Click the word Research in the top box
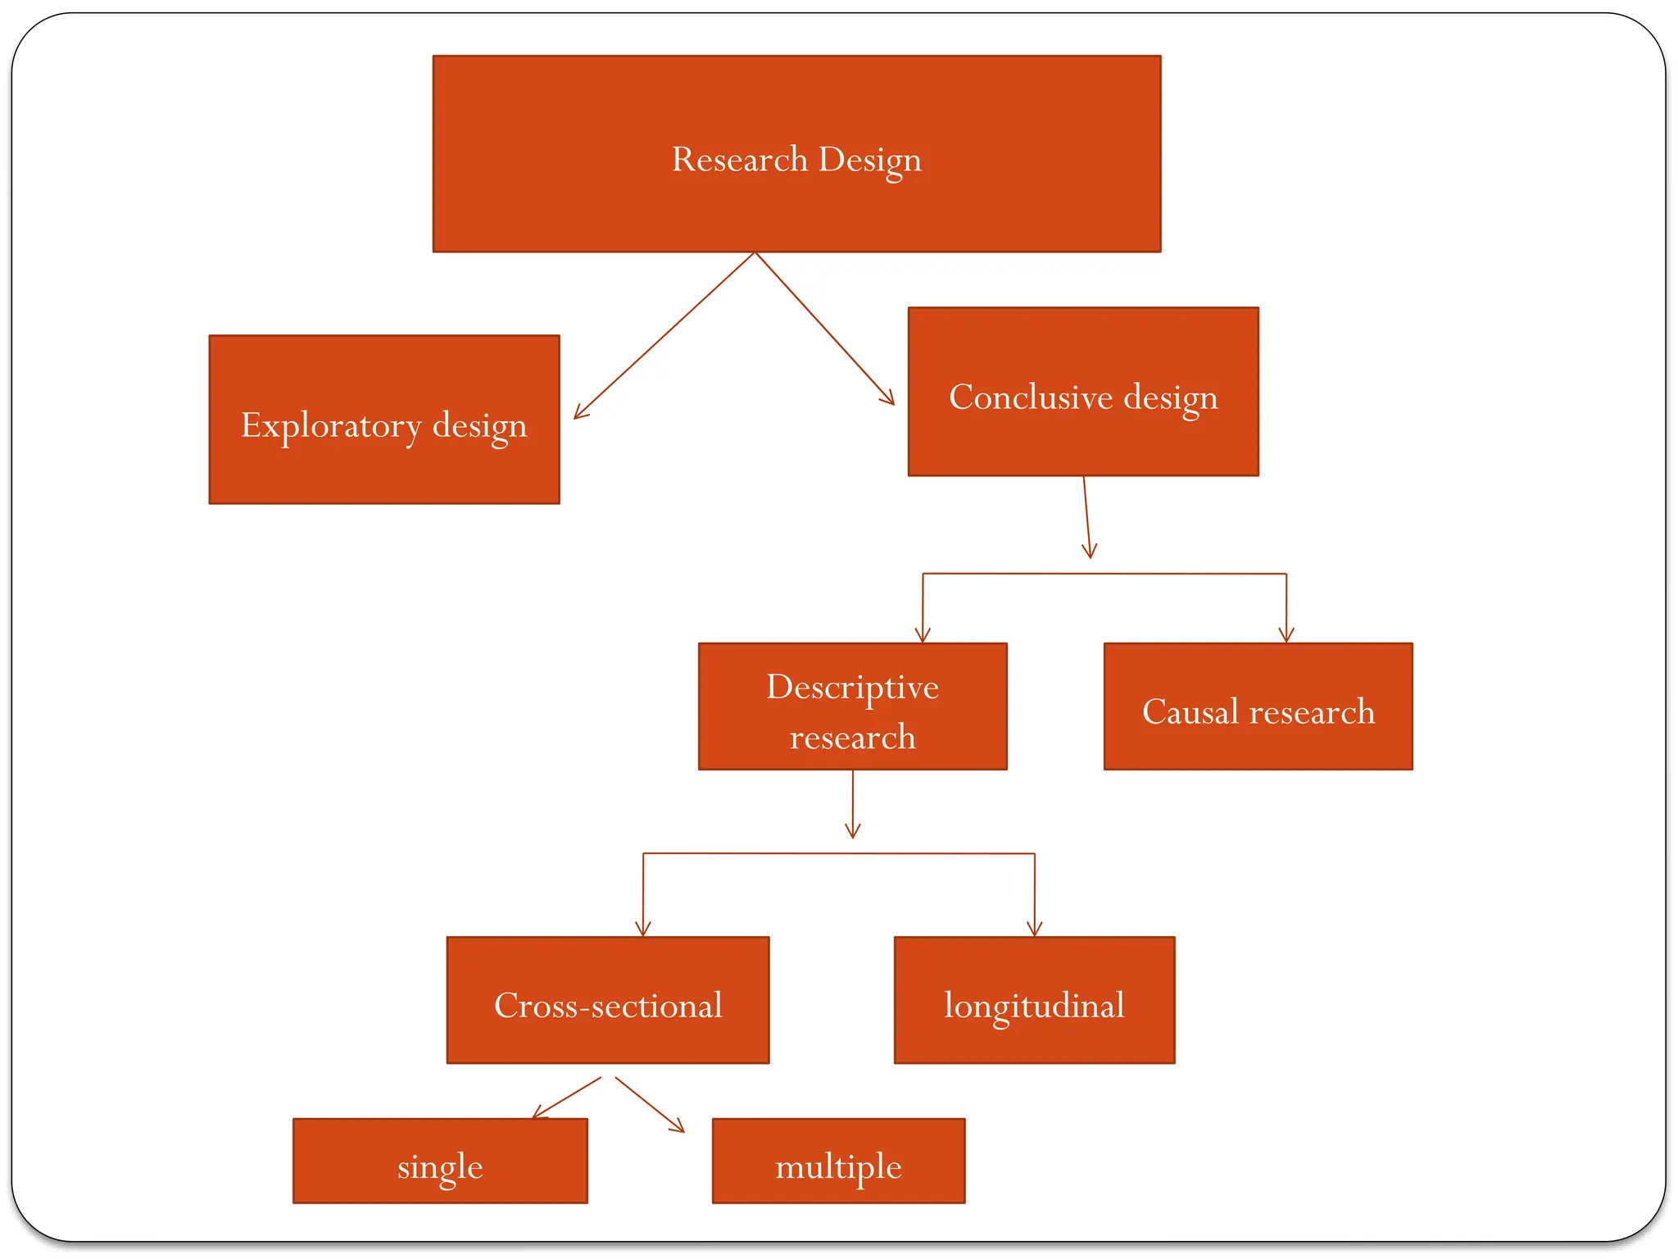pyautogui.click(x=739, y=159)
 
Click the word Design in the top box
pyautogui.click(x=869, y=161)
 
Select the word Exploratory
pyautogui.click(x=330, y=425)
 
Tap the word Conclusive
pyautogui.click(x=1030, y=398)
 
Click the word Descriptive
pyautogui.click(x=852, y=687)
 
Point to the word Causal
pyautogui.click(x=1190, y=711)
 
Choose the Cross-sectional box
pyautogui.click(x=607, y=1000)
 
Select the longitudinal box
pyautogui.click(x=1034, y=1000)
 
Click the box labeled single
pyautogui.click(x=440, y=1161)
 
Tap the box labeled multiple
pyautogui.click(x=838, y=1161)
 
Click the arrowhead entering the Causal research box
pyautogui.click(x=1286, y=636)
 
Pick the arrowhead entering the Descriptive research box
pyautogui.click(x=923, y=636)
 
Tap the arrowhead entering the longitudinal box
pyautogui.click(x=1035, y=929)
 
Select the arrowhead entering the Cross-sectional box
pyautogui.click(x=643, y=929)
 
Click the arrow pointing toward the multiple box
pyautogui.click(x=650, y=1105)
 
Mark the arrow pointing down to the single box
pyautogui.click(x=567, y=1098)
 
